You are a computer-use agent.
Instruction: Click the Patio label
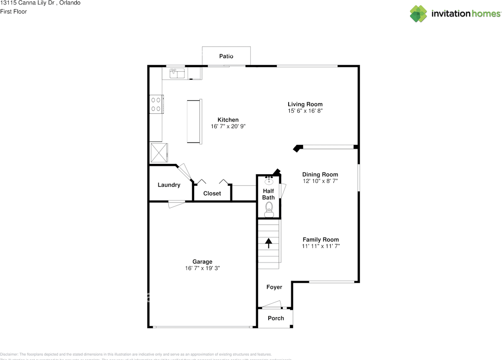tap(226, 56)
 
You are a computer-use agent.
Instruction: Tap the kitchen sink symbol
tap(177, 73)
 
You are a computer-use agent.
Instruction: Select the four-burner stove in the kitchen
tap(156, 104)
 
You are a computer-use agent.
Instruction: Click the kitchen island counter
tap(195, 122)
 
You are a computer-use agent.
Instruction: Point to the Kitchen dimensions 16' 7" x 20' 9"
tap(228, 127)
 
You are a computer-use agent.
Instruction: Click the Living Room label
tap(305, 104)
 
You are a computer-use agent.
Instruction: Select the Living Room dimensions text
tap(305, 111)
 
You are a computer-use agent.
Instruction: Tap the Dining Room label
tap(320, 175)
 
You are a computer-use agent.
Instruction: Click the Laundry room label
tap(169, 185)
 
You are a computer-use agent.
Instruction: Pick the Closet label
tap(212, 193)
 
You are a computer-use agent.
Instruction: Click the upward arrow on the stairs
tap(269, 243)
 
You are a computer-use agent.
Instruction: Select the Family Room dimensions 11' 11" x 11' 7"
tap(320, 246)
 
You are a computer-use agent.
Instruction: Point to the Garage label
tap(202, 262)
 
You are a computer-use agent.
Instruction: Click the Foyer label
tap(274, 287)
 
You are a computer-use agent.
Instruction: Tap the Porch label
tap(276, 318)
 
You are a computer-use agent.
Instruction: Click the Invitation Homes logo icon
tap(418, 14)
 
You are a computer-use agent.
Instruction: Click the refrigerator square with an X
tap(159, 153)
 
